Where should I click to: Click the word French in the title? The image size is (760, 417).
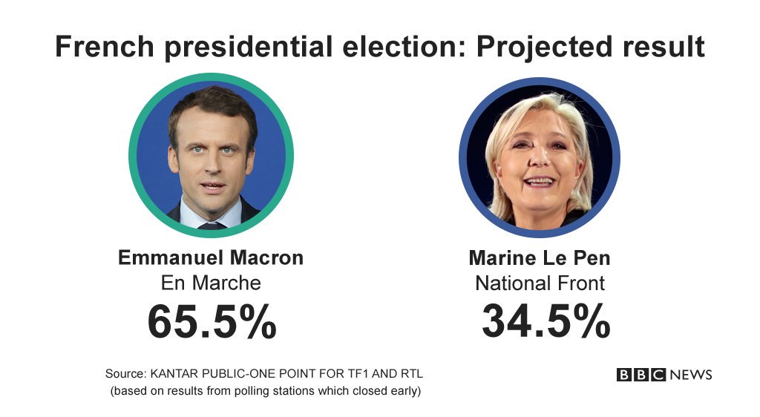click(x=104, y=47)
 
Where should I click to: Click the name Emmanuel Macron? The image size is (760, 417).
click(x=211, y=257)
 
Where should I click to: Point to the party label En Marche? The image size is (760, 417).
click(x=211, y=283)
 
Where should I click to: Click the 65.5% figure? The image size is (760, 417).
click(x=212, y=321)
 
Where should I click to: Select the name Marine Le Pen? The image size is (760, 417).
click(x=540, y=258)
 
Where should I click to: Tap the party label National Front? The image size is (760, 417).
click(x=540, y=283)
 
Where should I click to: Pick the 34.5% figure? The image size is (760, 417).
click(x=546, y=321)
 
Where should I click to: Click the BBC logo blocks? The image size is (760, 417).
click(x=641, y=375)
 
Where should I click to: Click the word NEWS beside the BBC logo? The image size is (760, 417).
click(x=691, y=375)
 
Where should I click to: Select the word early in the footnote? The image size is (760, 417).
click(x=406, y=391)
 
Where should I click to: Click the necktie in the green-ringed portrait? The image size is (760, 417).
click(x=211, y=223)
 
